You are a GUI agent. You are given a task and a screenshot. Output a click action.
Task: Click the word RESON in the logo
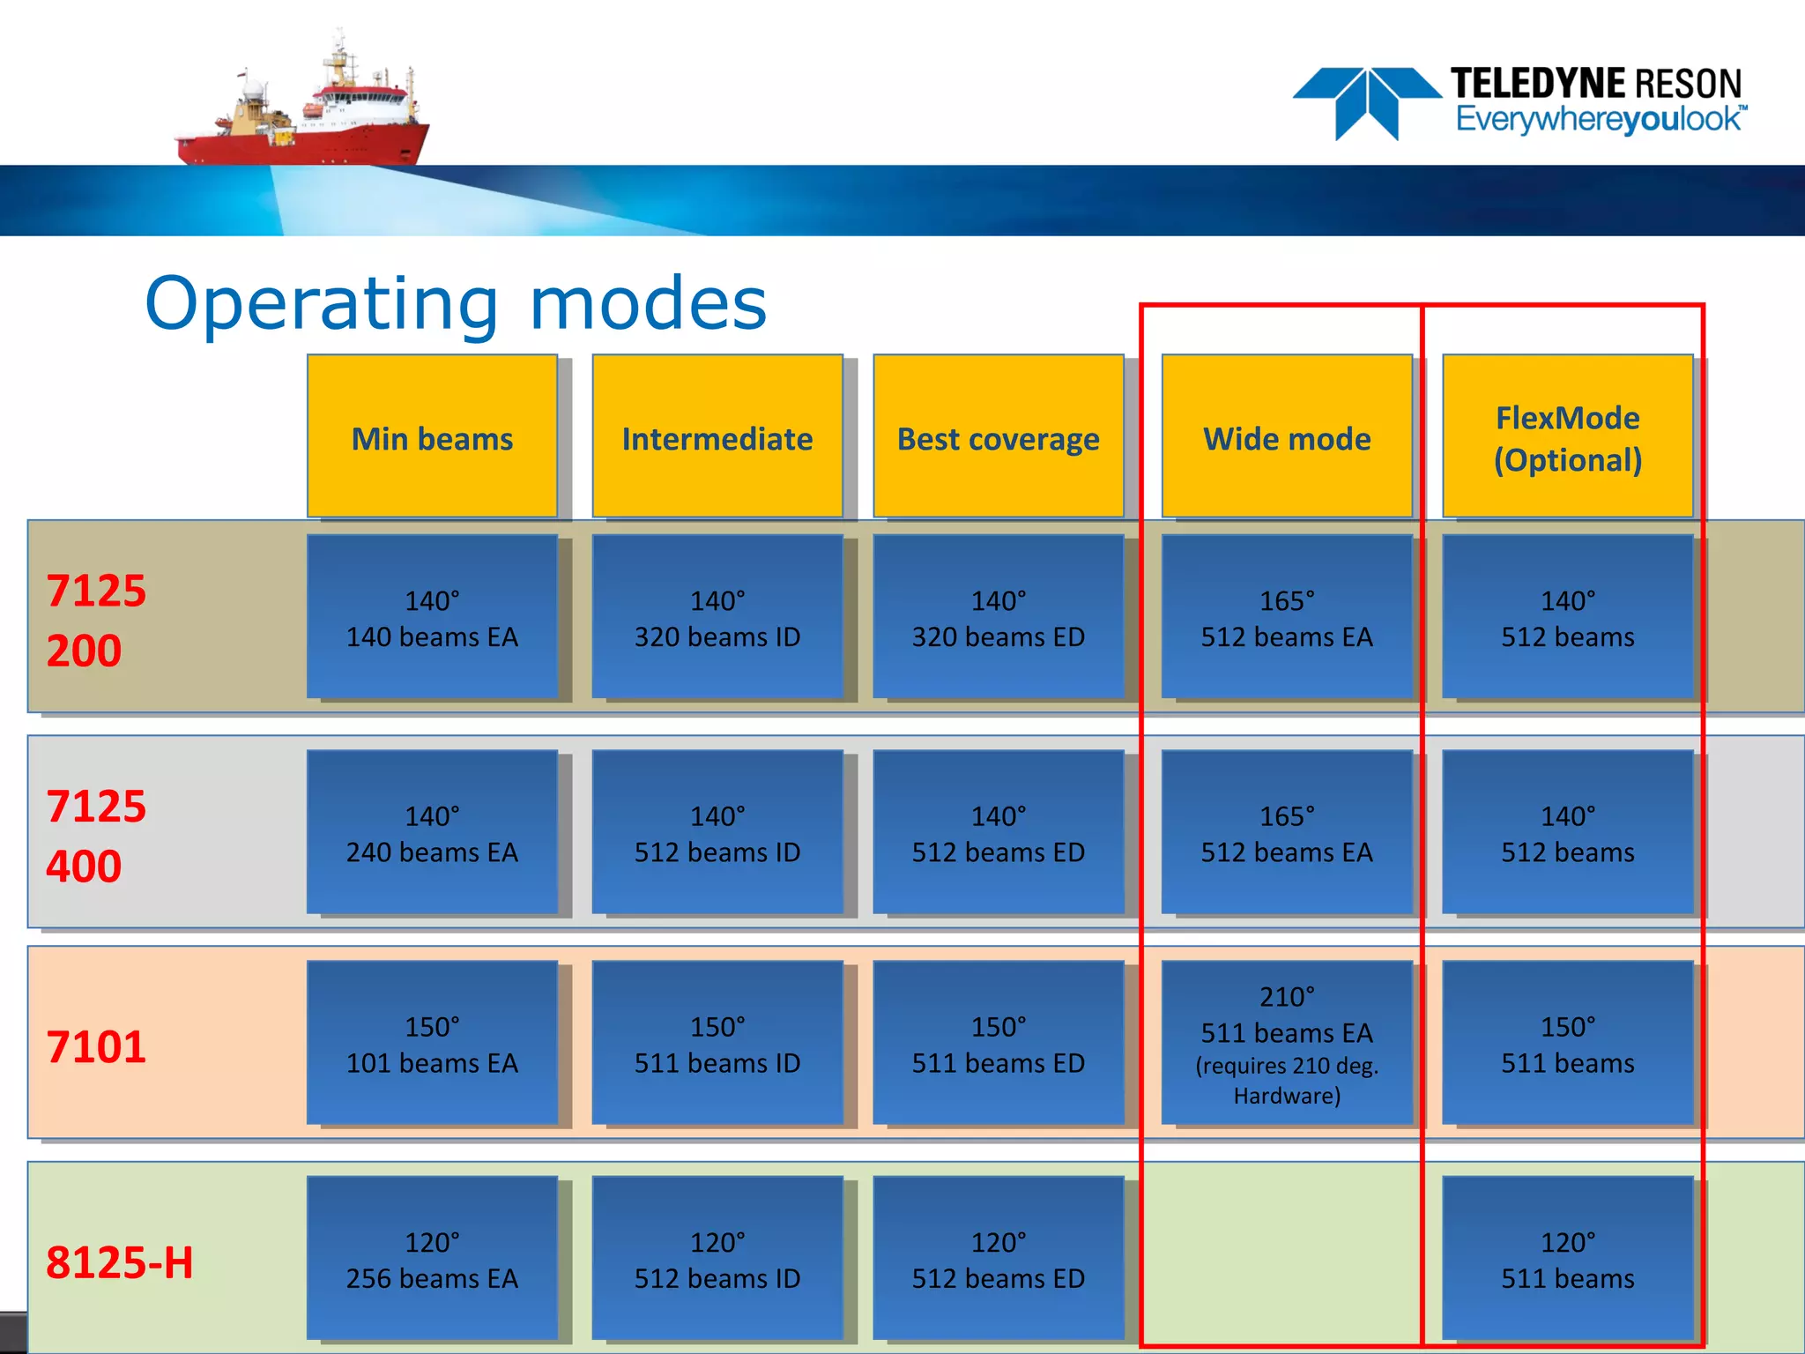pyautogui.click(x=1688, y=84)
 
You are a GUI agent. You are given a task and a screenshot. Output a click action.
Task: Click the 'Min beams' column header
pyautogui.click(x=432, y=438)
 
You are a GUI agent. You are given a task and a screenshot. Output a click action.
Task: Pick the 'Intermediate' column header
pyautogui.click(x=717, y=438)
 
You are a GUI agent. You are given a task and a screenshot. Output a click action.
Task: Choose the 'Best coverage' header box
pyautogui.click(x=998, y=438)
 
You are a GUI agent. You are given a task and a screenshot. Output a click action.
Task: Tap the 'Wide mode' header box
pyautogui.click(x=1287, y=438)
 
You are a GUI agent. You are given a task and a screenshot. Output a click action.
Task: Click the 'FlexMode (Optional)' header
pyautogui.click(x=1567, y=438)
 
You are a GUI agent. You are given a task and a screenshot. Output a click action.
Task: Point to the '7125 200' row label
pyautogui.click(x=95, y=620)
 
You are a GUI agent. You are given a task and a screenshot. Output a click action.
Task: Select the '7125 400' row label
pyautogui.click(x=95, y=835)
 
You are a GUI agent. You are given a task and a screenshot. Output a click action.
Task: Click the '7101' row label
pyautogui.click(x=95, y=1046)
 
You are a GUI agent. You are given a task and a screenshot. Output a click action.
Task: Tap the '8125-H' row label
pyautogui.click(x=119, y=1261)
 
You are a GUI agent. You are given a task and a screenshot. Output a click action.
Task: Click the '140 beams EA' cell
pyautogui.click(x=432, y=618)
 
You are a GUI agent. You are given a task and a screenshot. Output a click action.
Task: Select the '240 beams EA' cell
pyautogui.click(x=432, y=833)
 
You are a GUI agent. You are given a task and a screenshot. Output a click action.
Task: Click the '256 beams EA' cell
pyautogui.click(x=432, y=1260)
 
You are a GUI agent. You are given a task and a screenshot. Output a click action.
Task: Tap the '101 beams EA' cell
pyautogui.click(x=432, y=1044)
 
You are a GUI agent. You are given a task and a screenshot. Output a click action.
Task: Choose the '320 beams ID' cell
pyautogui.click(x=717, y=618)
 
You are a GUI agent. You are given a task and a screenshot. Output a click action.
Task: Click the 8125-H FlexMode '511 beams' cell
pyautogui.click(x=1567, y=1260)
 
